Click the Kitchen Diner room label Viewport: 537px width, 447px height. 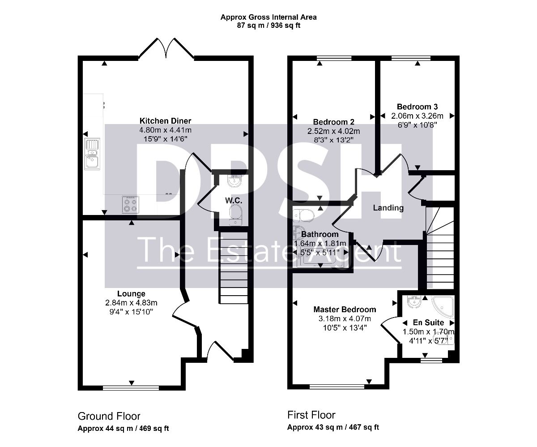tap(165, 121)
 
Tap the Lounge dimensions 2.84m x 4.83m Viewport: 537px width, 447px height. tap(131, 303)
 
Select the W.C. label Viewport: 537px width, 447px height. tap(234, 201)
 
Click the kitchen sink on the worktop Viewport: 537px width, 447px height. tap(92, 154)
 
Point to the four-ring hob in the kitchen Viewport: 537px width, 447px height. tap(130, 204)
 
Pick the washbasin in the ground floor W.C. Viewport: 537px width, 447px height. tap(234, 181)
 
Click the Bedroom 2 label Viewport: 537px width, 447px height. tap(333, 122)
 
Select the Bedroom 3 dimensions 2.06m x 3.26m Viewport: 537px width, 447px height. tap(417, 116)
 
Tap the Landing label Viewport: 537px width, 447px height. tap(388, 208)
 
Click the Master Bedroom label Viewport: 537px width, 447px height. tap(345, 309)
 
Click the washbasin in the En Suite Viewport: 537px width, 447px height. tap(414, 301)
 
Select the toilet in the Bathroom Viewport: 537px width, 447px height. tap(303, 215)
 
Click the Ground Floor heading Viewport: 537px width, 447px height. tap(109, 416)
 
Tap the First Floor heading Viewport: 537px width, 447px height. tap(311, 415)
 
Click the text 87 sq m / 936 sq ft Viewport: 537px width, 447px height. tap(268, 26)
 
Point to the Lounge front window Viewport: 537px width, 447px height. tap(131, 388)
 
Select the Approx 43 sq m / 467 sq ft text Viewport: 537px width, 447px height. tap(333, 427)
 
